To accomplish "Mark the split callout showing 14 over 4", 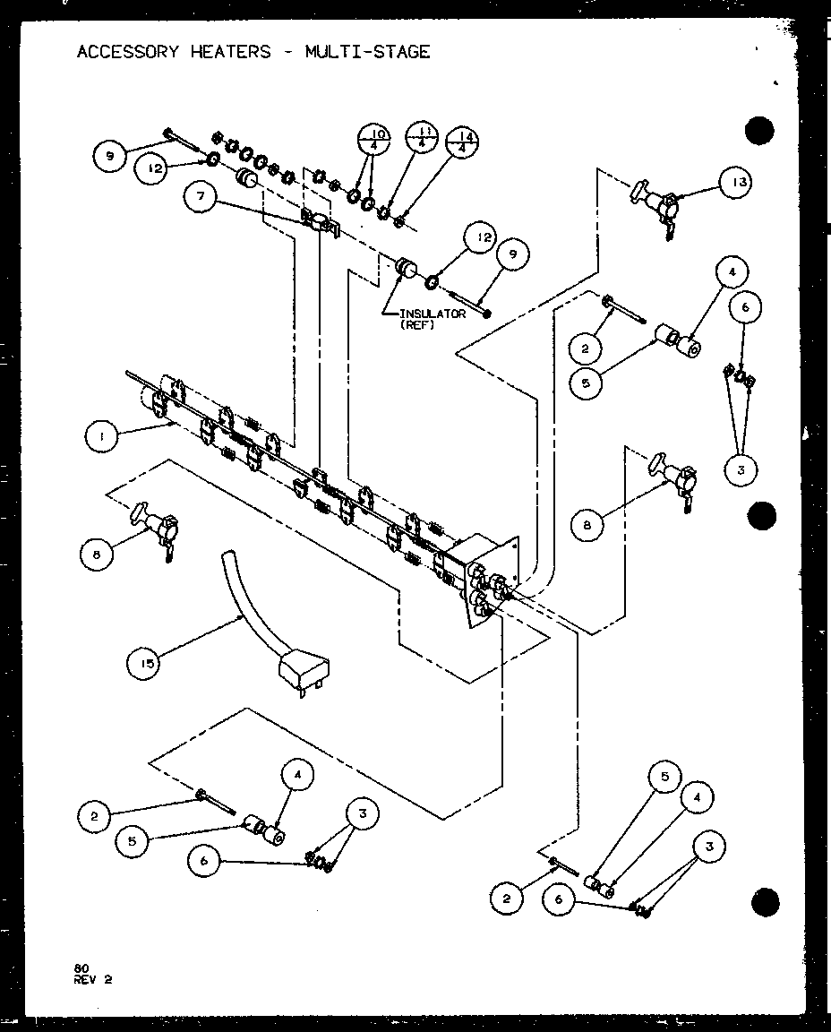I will pos(462,142).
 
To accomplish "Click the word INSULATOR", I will pos(433,314).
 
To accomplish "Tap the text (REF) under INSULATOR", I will pos(417,325).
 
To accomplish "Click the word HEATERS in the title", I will pos(230,52).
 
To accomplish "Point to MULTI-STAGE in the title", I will pos(367,52).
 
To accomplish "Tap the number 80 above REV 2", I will pos(81,968).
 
